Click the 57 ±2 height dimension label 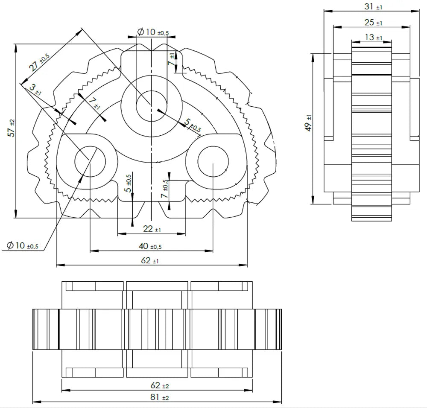pyautogui.click(x=12, y=128)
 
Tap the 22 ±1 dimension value pyautogui.click(x=152, y=229)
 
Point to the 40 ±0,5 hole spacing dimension pyautogui.click(x=150, y=246)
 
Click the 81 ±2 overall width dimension pyautogui.click(x=160, y=397)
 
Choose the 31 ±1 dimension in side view pyautogui.click(x=373, y=6)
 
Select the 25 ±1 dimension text pyautogui.click(x=373, y=22)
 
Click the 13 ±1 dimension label pyautogui.click(x=373, y=37)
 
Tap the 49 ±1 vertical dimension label pyautogui.click(x=308, y=123)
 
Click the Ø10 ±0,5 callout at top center pyautogui.click(x=153, y=32)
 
